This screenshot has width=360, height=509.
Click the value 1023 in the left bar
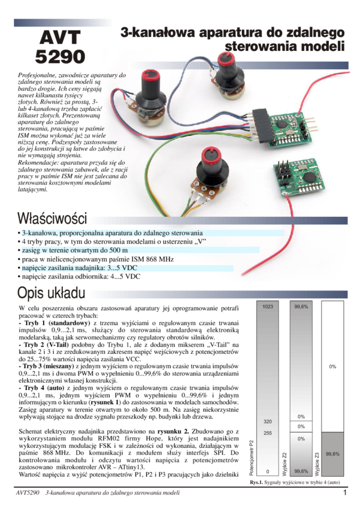tap(268, 307)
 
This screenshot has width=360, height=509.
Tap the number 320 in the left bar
tap(268, 421)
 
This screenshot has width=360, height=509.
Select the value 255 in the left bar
tap(268, 433)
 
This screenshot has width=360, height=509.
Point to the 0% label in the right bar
tap(332, 366)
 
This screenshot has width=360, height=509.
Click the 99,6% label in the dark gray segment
tap(332, 454)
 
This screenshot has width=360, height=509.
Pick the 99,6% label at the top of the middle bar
tap(301, 307)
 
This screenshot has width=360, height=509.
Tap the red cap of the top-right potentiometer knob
tap(228, 58)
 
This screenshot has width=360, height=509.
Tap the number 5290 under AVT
tap(59, 57)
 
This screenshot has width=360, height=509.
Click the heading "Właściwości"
tap(52, 217)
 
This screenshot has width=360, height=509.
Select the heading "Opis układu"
tap(52, 293)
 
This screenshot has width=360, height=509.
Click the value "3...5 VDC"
tap(122, 268)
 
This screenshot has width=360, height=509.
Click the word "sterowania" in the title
tap(261, 47)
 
